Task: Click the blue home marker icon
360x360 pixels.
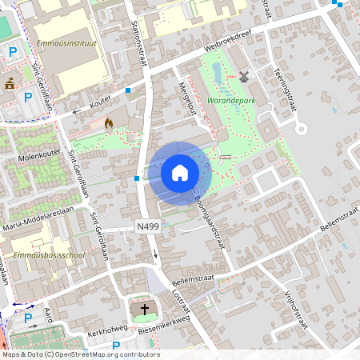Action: [x=179, y=173]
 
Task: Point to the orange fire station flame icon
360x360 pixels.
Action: [x=109, y=123]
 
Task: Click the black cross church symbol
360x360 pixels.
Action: [x=145, y=308]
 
